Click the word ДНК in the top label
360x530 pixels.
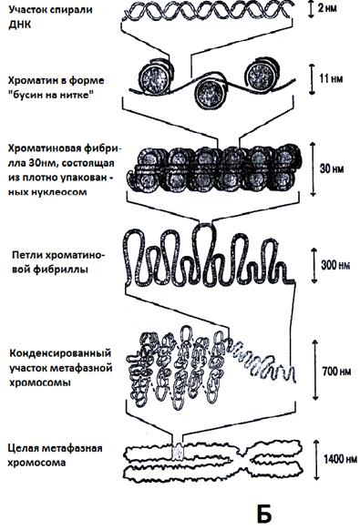(x=18, y=25)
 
